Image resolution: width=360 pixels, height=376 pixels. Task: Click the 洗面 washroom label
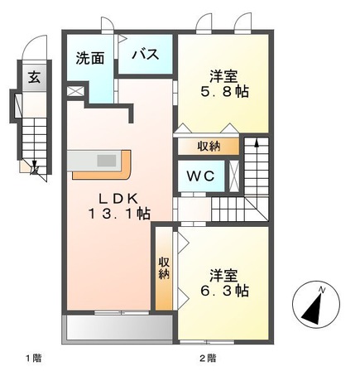click(89, 58)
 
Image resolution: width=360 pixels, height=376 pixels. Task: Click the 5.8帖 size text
click(224, 92)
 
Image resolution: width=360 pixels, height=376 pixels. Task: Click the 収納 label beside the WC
click(208, 146)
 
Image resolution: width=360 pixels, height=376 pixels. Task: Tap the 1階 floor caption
click(31, 358)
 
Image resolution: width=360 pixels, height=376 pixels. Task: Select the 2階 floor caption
click(207, 358)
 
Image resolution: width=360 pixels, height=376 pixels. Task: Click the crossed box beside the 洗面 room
click(75, 89)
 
